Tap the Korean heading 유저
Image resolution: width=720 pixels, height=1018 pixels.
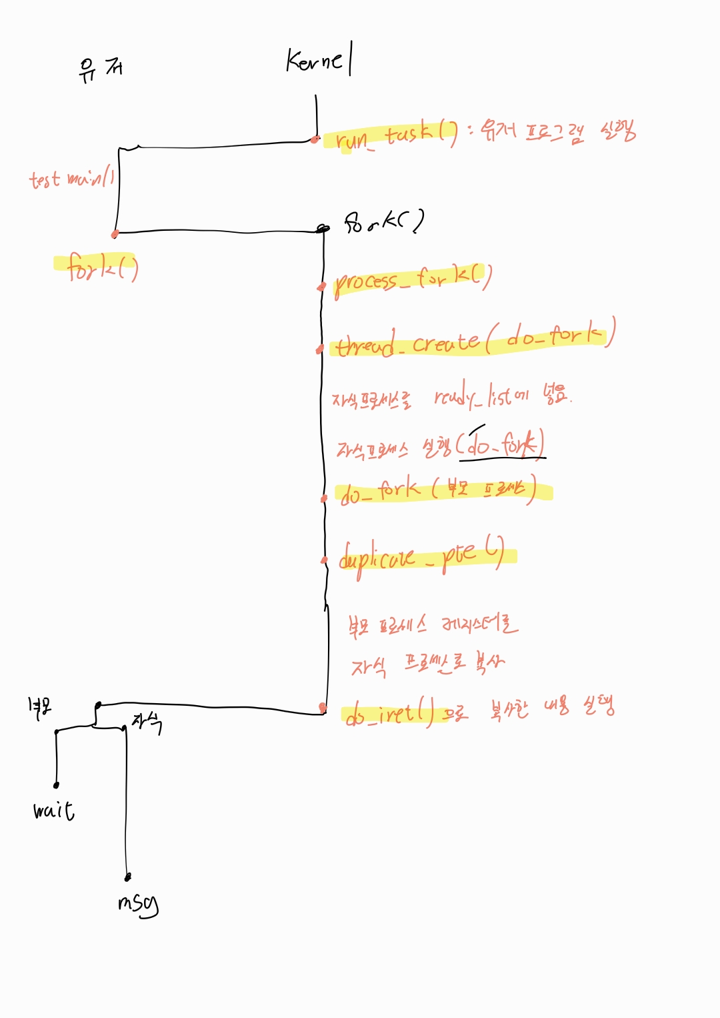click(x=100, y=69)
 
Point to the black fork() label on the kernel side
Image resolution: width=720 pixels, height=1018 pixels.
click(x=384, y=221)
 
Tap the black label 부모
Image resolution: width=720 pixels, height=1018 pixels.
click(x=39, y=708)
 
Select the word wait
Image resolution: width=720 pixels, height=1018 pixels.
click(x=54, y=810)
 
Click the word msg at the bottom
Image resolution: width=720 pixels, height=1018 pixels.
click(x=138, y=903)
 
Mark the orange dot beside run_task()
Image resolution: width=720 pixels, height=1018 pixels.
click(x=314, y=139)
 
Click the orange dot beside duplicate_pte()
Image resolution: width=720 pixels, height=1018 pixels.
click(x=325, y=560)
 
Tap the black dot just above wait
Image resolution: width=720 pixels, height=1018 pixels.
click(x=57, y=785)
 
